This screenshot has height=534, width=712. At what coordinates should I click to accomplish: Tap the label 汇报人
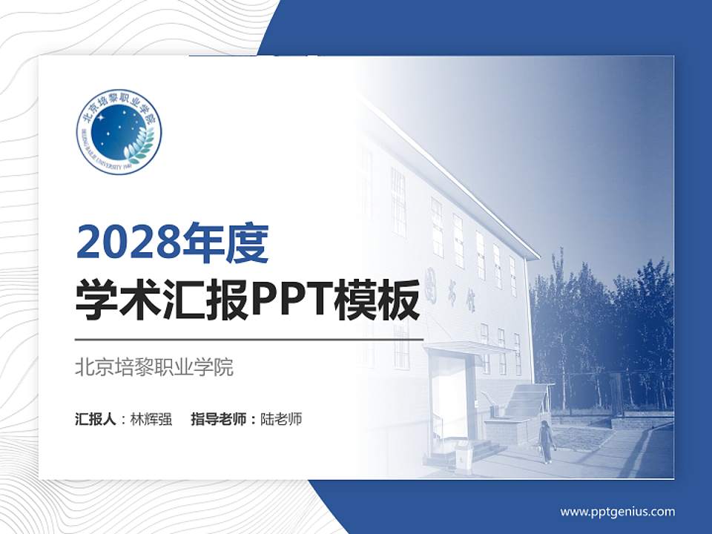[96, 419]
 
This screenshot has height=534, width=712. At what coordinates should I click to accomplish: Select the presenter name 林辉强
[151, 419]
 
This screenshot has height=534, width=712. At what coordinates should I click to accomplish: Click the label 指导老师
[218, 419]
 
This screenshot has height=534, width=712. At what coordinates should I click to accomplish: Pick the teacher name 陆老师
[281, 419]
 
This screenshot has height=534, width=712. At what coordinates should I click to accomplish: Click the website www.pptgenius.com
[617, 511]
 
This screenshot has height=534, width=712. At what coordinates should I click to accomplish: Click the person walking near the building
[546, 442]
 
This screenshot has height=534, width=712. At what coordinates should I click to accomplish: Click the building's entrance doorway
[449, 400]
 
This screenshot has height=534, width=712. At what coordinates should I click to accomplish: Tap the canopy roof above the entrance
[467, 347]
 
